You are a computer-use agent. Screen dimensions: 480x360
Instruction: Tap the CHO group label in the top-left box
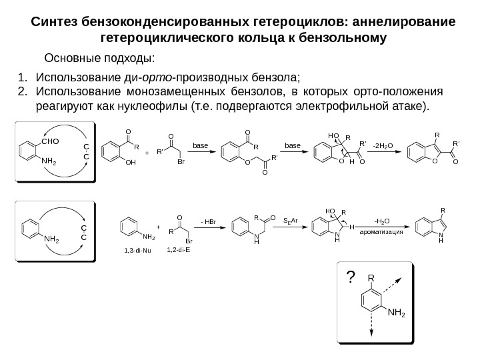click(x=51, y=141)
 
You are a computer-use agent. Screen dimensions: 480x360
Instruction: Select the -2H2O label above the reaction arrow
click(x=383, y=143)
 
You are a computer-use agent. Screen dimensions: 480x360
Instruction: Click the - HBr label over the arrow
click(x=208, y=221)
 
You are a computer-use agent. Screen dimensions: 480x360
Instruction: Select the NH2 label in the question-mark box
click(x=397, y=312)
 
